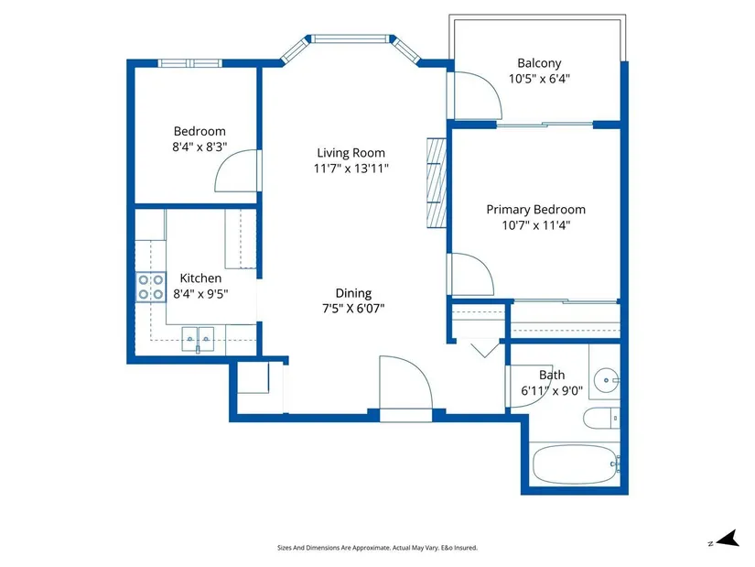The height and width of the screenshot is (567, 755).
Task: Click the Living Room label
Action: coord(351,153)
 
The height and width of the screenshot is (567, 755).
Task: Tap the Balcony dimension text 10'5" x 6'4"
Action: coord(539,79)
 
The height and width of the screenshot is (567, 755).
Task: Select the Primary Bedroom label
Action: coord(536,210)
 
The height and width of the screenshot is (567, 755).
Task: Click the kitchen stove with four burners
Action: coord(151,288)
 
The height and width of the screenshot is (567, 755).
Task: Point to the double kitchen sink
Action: coord(198,339)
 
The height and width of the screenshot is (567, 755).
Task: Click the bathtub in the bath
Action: coord(575,464)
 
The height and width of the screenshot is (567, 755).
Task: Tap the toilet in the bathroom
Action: coord(601,419)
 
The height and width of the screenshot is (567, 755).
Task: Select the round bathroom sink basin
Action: coord(606,380)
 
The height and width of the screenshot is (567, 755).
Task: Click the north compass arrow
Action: coord(728,539)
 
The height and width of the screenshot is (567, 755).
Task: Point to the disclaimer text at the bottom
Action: coord(377,548)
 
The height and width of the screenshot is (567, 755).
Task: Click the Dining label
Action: coord(353,293)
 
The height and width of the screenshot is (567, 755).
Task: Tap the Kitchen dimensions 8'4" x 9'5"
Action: coord(200,294)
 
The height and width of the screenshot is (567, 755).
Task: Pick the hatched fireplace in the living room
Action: coord(437,183)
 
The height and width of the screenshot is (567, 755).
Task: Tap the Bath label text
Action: coord(552,376)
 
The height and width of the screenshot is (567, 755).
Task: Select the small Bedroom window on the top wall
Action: coord(190,63)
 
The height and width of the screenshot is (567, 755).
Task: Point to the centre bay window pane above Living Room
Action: coord(351,38)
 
